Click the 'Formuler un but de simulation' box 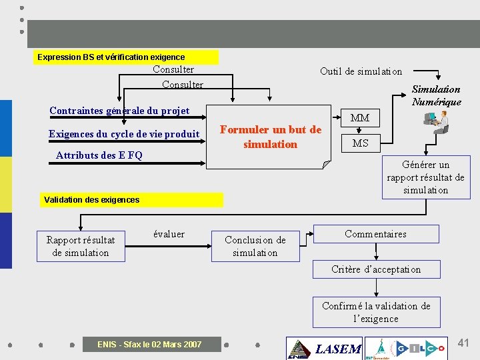tap(270, 137)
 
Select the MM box tap(360, 118)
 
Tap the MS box tap(360, 143)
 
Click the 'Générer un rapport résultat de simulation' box tap(426, 177)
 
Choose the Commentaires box tap(376, 234)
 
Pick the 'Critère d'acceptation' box tap(376, 269)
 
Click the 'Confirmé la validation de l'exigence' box tap(376, 312)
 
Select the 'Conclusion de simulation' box tap(255, 246)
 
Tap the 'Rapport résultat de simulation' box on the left tap(81, 246)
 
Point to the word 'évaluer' tap(169, 234)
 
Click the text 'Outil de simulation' tap(361, 71)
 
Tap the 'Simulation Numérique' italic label tap(436, 95)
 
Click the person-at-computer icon tap(437, 122)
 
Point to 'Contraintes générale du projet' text tap(119, 111)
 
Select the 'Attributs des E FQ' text tap(99, 155)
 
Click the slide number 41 tap(463, 343)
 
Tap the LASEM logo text tap(337, 349)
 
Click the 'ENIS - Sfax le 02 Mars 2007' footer tap(149, 345)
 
